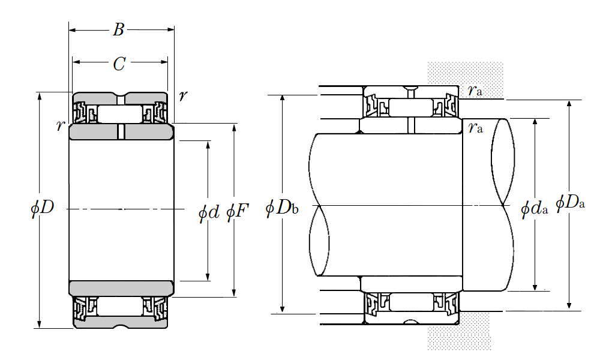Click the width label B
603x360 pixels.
pos(118,29)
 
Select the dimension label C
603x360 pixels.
pos(119,64)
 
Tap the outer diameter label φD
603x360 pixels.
pos(43,208)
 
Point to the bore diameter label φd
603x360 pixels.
pos(208,212)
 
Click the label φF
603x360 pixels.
pos(237,212)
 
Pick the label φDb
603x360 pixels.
pos(282,208)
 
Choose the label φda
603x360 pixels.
pos(534,209)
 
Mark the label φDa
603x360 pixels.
pos(571,202)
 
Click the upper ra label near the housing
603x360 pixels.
pos(475,91)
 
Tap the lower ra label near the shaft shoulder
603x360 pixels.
pos(475,127)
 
